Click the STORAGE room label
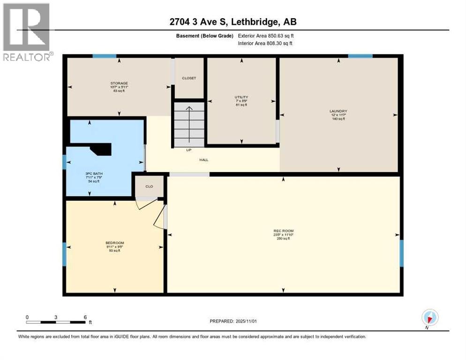[119, 83]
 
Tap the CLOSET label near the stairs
[189, 78]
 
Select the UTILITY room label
[241, 97]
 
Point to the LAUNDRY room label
[338, 112]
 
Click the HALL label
[203, 160]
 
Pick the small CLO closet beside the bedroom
[149, 186]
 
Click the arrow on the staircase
[189, 123]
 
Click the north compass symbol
[429, 317]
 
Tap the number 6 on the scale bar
[85, 317]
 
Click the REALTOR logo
[26, 32]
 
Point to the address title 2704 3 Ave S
[233, 22]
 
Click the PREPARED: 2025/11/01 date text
[234, 321]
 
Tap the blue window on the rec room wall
[401, 253]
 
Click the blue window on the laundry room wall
[360, 56]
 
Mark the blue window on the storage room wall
[104, 56]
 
